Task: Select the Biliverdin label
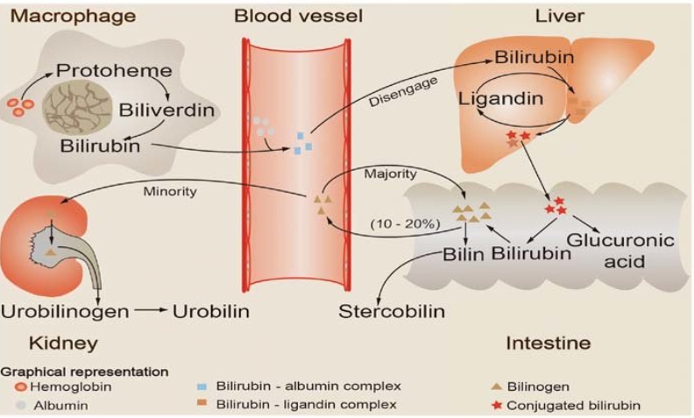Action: (x=166, y=111)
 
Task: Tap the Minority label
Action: (x=171, y=190)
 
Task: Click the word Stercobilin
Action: (x=392, y=311)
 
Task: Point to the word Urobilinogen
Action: (x=65, y=311)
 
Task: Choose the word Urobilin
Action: (x=211, y=311)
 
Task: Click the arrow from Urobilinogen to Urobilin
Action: (x=150, y=311)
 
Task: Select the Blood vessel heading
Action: (x=298, y=16)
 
